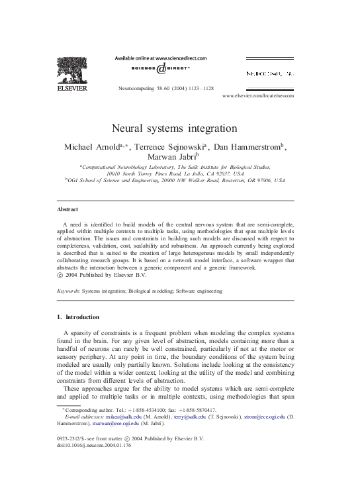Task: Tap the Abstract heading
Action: tap(68, 209)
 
